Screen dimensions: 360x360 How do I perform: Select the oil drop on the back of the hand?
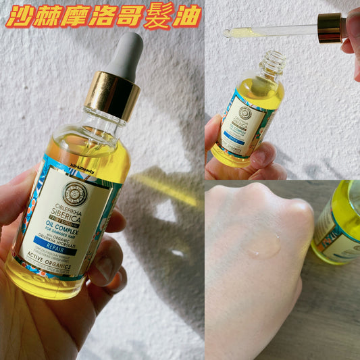[263, 245]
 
